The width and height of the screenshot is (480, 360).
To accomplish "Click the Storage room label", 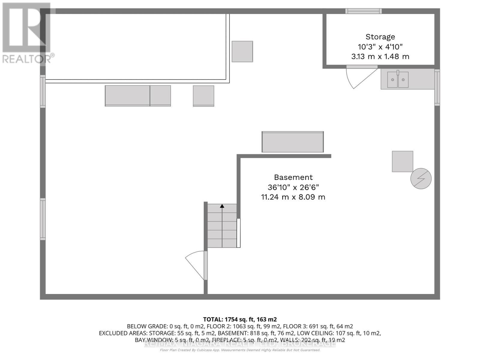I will click(380, 37).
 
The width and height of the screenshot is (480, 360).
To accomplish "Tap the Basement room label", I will click(293, 177).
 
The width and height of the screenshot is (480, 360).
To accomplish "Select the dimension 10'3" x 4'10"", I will click(380, 47).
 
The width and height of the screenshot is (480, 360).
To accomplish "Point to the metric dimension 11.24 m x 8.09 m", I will click(293, 197).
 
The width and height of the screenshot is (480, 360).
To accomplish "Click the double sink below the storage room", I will click(398, 79).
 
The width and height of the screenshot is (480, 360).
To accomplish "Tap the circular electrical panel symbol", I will click(421, 178).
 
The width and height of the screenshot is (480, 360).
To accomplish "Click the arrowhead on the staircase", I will click(222, 206).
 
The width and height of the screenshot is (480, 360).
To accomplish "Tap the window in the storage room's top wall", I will click(363, 11).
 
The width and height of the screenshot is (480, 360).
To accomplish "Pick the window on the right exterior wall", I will click(437, 87).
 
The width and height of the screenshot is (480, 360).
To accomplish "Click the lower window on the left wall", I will click(43, 219).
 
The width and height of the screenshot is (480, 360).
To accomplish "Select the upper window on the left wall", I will click(43, 91).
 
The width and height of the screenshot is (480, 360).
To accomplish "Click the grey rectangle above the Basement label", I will click(292, 142).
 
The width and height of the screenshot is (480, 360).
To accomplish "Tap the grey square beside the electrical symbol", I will click(402, 161).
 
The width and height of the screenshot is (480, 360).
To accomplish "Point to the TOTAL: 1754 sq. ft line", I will click(240, 319).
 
